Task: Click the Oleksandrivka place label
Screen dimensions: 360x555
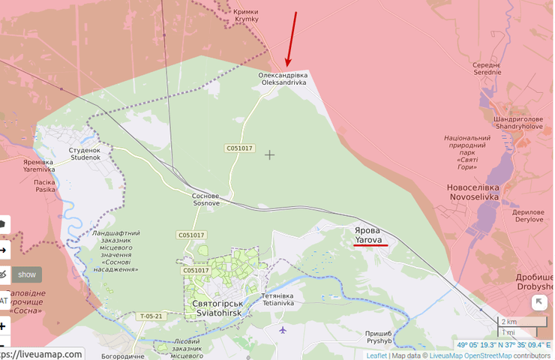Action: click(x=283, y=79)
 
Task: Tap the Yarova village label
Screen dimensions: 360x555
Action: click(x=368, y=235)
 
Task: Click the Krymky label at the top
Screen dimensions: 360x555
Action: click(x=245, y=15)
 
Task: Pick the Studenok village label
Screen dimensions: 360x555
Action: click(x=85, y=154)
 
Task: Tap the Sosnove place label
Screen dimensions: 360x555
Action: click(x=205, y=199)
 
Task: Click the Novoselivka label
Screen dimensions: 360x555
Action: click(x=472, y=192)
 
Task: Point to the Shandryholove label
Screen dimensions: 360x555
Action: click(x=518, y=122)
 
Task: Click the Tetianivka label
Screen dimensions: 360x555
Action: click(x=278, y=299)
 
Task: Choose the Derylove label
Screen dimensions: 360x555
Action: click(x=529, y=215)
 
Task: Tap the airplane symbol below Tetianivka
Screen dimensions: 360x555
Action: click(x=282, y=329)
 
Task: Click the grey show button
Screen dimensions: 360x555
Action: click(x=27, y=274)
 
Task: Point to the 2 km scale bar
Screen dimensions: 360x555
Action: click(x=523, y=322)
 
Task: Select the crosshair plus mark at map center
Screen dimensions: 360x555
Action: click(x=270, y=154)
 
